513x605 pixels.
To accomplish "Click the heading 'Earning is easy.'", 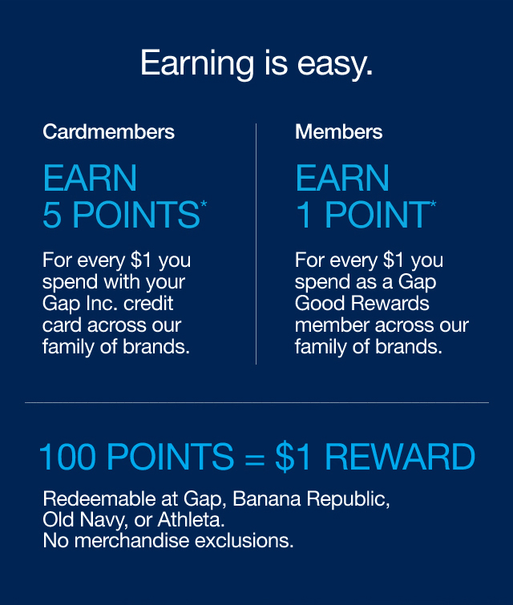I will (256, 63).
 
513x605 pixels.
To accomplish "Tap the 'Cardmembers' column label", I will (108, 131).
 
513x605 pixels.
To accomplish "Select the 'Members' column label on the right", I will (338, 131).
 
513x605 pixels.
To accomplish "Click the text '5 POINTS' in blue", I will (120, 216).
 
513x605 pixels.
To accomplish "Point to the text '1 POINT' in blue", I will (361, 216).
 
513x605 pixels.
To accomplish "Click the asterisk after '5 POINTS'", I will (204, 206).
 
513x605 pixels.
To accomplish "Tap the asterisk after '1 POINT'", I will (434, 206).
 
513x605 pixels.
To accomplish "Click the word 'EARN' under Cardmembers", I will (90, 178).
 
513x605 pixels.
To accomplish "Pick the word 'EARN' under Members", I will (342, 178).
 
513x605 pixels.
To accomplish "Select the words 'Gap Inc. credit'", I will (108, 305).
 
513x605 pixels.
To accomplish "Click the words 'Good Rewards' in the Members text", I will (362, 305).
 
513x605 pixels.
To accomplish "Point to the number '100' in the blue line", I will (68, 458).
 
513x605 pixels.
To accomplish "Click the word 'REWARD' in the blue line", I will (400, 458).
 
